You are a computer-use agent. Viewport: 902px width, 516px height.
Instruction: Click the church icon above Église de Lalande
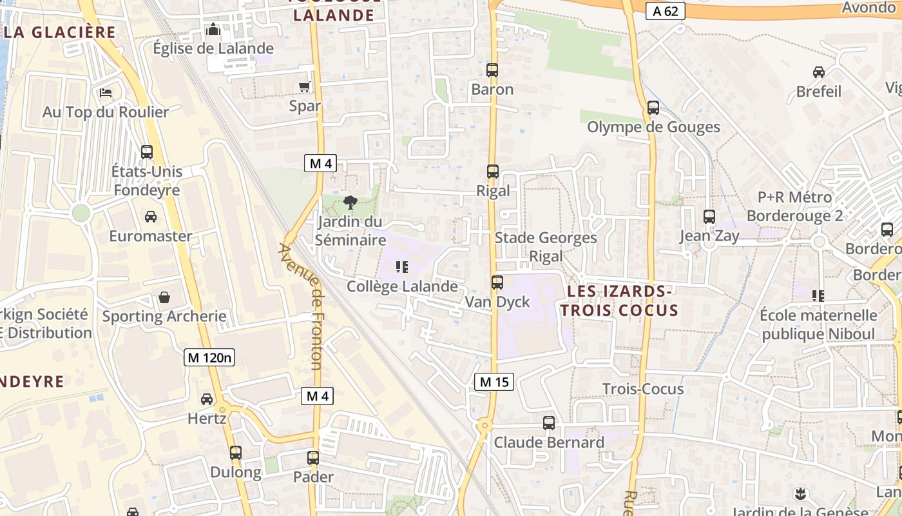pos(213,29)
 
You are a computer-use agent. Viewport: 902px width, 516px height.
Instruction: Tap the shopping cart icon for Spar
pos(305,86)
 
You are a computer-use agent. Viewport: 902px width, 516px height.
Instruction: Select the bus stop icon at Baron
pos(492,70)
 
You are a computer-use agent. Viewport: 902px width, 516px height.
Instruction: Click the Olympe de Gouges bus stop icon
pos(653,108)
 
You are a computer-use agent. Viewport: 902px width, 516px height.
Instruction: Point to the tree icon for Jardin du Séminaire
pos(350,203)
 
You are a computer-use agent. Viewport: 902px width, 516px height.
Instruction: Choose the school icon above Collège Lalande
pos(403,267)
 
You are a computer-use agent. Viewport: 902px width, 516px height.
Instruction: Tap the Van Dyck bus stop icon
pos(497,282)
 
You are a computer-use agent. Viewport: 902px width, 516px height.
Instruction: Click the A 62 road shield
pos(665,11)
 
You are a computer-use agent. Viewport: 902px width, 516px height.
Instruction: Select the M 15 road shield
pos(495,382)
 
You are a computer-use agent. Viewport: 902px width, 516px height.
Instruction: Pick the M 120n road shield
pos(209,357)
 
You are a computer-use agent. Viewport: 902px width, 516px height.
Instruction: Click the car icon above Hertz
pos(207,399)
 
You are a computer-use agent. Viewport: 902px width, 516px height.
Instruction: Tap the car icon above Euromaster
pos(150,217)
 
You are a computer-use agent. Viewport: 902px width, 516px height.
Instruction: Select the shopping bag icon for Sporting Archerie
pos(164,297)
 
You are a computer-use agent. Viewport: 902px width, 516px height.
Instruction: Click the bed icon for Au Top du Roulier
pos(106,93)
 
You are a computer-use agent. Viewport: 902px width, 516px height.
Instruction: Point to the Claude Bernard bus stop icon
pos(548,423)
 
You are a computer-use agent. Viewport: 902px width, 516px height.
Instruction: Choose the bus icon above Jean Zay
pos(709,217)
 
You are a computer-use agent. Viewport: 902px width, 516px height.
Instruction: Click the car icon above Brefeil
pos(819,72)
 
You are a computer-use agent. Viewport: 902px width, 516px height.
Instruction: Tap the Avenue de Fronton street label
pos(302,306)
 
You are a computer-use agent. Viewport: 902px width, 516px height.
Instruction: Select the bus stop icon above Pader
pos(313,458)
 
